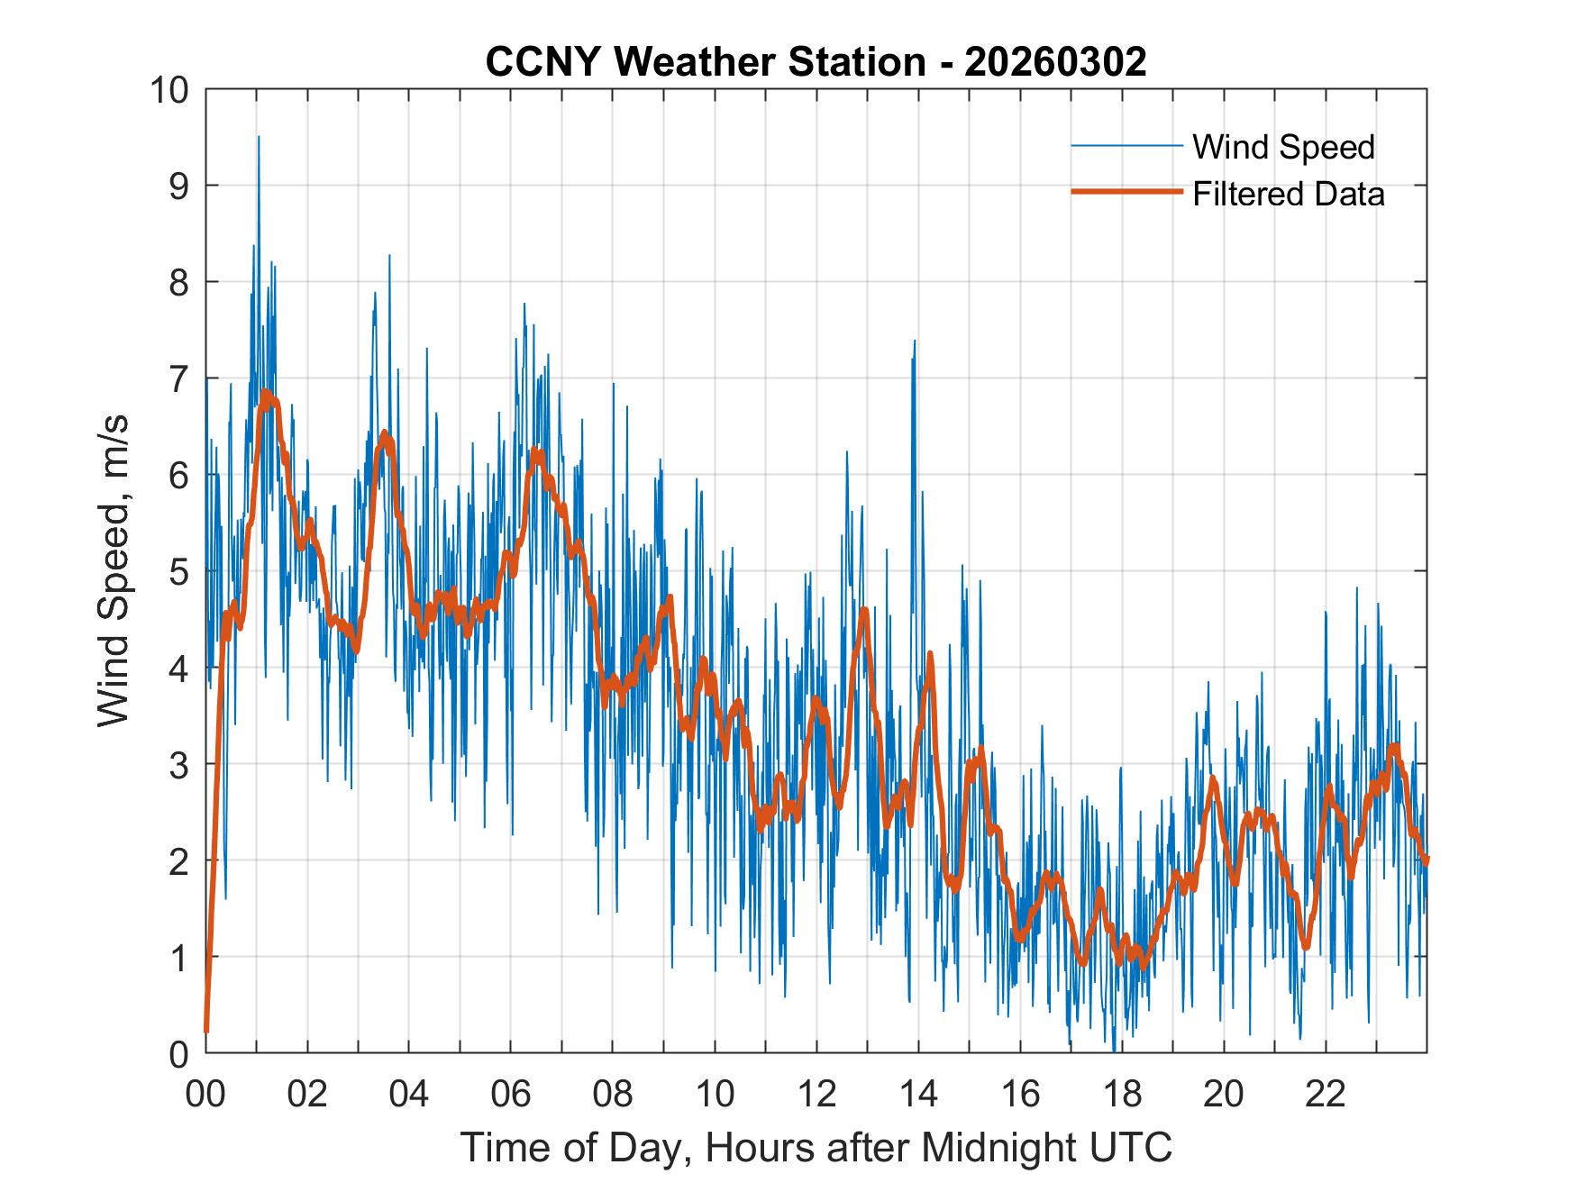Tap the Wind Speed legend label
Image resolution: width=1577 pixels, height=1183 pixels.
[x=1283, y=147]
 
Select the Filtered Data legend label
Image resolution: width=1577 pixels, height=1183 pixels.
[x=1288, y=194]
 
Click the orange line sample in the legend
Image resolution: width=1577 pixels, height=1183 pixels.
[x=1126, y=192]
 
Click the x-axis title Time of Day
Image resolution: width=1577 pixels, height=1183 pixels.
[x=816, y=1147]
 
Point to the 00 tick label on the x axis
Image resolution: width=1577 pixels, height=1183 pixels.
[x=205, y=1094]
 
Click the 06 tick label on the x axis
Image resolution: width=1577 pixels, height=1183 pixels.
[x=511, y=1094]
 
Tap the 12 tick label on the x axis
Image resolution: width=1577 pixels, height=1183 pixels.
[x=816, y=1094]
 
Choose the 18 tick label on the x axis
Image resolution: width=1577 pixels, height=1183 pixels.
[x=1122, y=1094]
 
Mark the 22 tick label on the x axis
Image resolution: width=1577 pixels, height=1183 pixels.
[x=1326, y=1094]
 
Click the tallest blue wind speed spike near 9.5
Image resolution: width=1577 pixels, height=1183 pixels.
[x=259, y=139]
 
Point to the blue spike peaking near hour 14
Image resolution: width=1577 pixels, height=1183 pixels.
[x=915, y=342]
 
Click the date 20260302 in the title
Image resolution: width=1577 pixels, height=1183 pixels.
[x=1055, y=62]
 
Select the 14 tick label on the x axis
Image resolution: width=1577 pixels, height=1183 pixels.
[x=918, y=1094]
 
